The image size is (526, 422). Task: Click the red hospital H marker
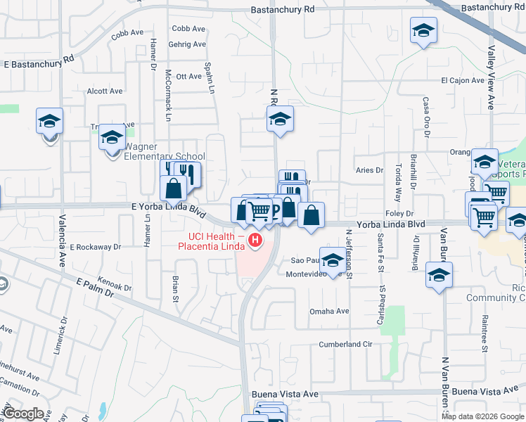click(x=256, y=242)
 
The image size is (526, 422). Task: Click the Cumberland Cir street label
click(x=345, y=344)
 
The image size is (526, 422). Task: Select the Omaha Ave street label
click(x=330, y=312)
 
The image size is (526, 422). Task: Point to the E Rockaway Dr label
click(x=96, y=247)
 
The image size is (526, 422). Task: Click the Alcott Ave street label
click(x=104, y=91)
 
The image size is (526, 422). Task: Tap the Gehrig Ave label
click(x=188, y=44)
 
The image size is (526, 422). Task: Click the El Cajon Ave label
click(x=463, y=81)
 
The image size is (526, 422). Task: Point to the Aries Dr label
click(x=369, y=170)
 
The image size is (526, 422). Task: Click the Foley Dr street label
click(x=398, y=212)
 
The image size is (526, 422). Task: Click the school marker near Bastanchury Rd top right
click(x=423, y=31)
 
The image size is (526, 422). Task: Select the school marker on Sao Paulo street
click(x=333, y=259)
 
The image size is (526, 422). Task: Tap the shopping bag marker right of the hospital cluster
click(x=311, y=215)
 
